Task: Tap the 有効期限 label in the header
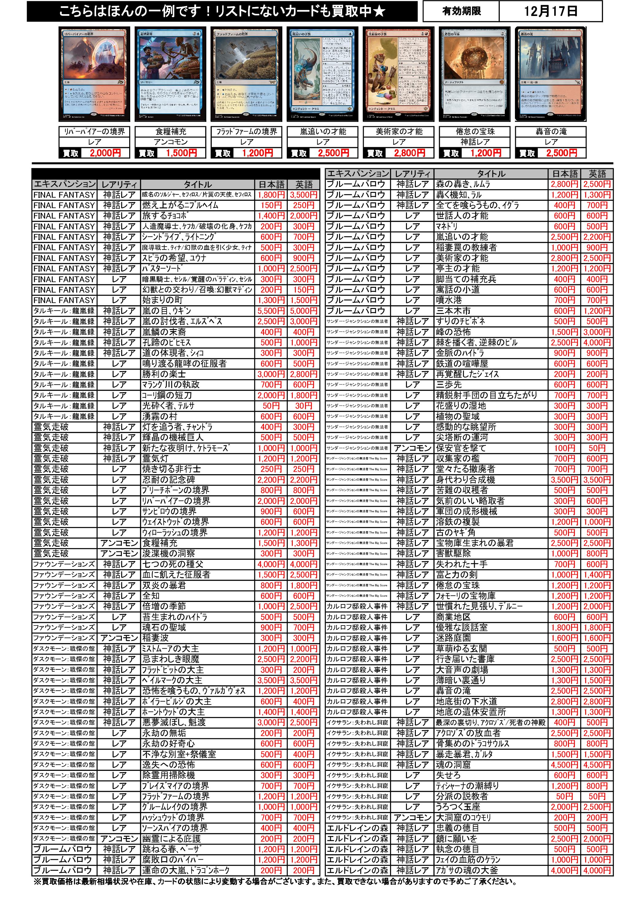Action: (x=461, y=11)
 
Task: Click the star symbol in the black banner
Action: (x=378, y=11)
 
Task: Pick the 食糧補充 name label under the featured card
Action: (x=170, y=131)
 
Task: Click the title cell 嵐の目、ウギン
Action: (x=198, y=311)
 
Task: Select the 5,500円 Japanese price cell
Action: (x=271, y=311)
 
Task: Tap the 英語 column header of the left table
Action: (x=303, y=184)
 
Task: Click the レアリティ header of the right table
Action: (x=412, y=174)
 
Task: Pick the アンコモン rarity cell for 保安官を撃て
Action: (x=412, y=448)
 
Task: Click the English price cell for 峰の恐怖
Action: (x=597, y=332)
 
